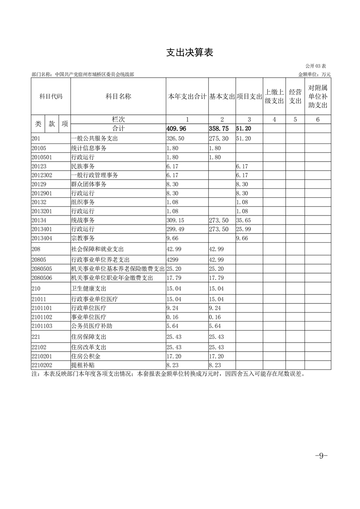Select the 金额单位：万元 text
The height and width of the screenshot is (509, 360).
point(315,74)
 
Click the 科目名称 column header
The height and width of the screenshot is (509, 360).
point(118,96)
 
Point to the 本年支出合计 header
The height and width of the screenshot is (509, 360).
point(187,97)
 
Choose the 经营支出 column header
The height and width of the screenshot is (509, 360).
point(295,96)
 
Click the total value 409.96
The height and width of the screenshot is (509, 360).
point(177,128)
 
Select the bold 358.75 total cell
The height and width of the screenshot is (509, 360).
point(219,128)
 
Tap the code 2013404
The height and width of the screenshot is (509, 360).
point(41,237)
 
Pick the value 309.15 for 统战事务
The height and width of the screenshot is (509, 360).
point(176,220)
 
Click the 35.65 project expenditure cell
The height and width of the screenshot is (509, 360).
point(244,220)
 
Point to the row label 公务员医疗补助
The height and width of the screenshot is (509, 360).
point(89,325)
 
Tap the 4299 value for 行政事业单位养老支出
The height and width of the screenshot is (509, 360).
point(173,259)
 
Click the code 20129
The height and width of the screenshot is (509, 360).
point(39,185)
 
